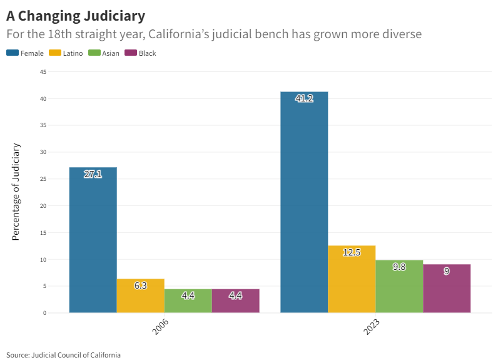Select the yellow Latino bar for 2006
(140, 296)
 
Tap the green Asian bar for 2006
(188, 301)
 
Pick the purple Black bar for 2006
(235, 301)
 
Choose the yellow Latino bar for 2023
(352, 279)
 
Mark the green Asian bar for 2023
(399, 286)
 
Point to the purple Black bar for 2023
(447, 289)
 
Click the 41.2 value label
(304, 98)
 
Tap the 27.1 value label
(93, 174)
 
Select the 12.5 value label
(352, 252)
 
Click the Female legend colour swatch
(13, 53)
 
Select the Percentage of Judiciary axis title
(16, 192)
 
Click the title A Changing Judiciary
(76, 15)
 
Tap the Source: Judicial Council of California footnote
(63, 355)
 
